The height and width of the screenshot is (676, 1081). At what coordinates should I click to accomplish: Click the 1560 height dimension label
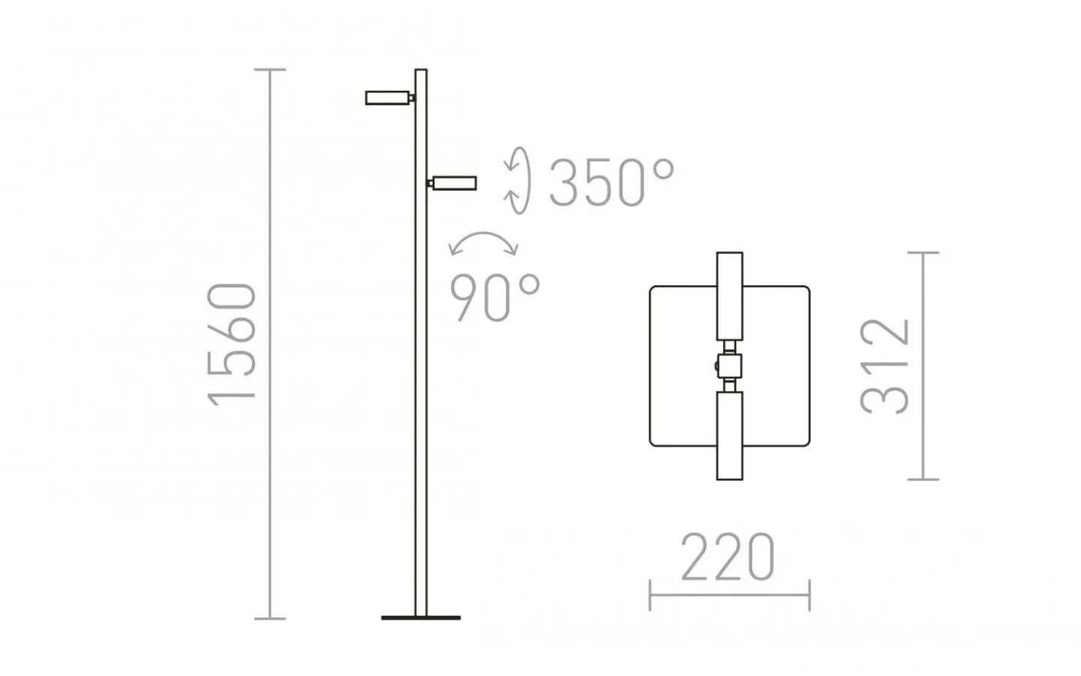coord(231,344)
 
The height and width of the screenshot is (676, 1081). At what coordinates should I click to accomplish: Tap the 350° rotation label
coord(611,183)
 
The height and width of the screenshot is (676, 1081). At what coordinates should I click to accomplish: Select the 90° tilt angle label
coord(495,297)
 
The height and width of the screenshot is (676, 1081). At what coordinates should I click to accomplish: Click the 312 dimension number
coord(884,367)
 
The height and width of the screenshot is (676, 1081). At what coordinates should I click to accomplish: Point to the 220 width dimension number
coord(727,557)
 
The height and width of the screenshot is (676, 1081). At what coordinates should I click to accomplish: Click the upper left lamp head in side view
coord(387,98)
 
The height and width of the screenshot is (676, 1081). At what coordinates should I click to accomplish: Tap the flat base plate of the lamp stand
coord(421,617)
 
